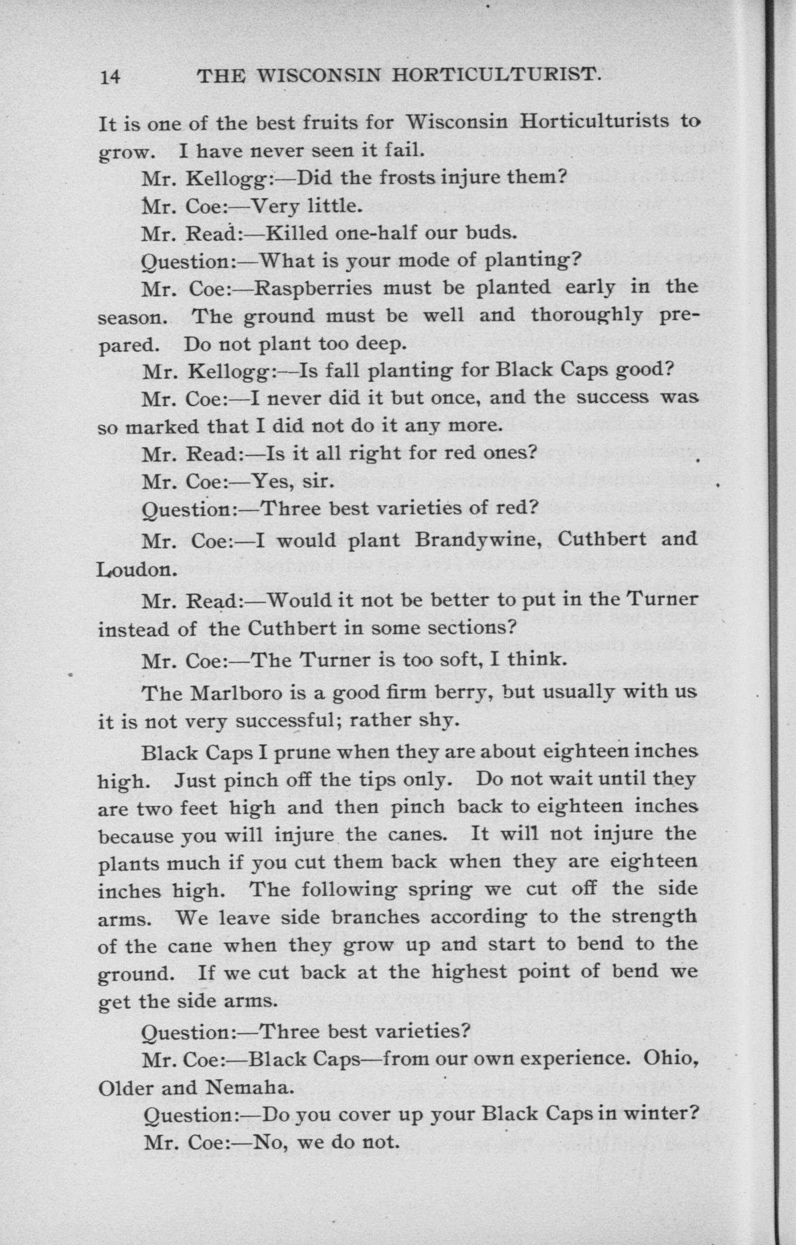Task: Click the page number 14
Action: [110, 77]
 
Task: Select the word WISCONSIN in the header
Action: [318, 76]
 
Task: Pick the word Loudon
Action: [137, 570]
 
